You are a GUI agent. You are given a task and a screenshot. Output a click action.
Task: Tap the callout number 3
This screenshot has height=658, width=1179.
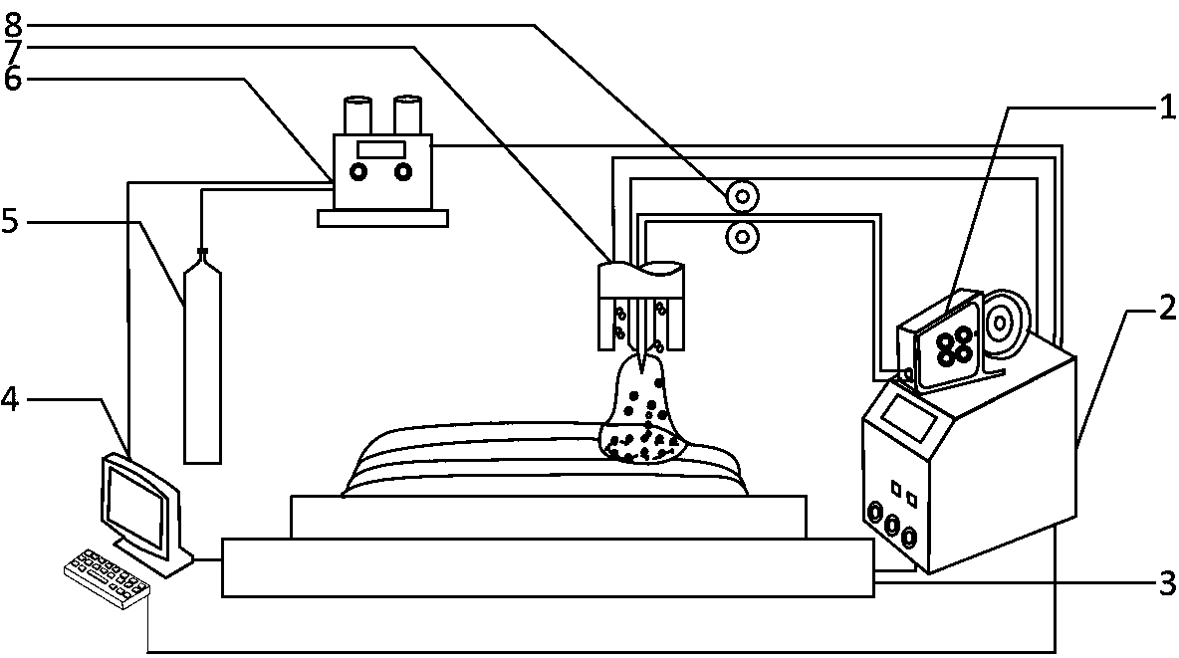1164,582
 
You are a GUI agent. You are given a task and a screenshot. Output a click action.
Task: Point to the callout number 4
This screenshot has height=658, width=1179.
11,399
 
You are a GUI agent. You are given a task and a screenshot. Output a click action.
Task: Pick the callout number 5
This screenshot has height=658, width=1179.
11,221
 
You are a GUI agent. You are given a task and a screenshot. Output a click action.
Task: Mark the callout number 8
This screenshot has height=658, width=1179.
11,20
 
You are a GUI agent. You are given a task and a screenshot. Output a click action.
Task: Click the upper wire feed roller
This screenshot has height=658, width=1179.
741,197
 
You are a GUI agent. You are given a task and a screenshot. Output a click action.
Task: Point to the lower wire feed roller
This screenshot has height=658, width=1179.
741,237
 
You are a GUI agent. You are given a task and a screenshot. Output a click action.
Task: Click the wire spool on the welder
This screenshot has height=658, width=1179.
1003,321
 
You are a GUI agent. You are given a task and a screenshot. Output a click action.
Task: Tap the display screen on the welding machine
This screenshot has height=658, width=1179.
909,418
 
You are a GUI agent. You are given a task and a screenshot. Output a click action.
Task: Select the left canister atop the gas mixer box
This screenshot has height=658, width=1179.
357,115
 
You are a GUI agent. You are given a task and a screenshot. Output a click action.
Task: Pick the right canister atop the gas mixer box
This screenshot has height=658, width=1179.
408,115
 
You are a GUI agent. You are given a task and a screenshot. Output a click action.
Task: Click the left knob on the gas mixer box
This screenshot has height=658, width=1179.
356,172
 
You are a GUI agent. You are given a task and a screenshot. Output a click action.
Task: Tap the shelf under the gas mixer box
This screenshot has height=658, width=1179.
380,217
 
